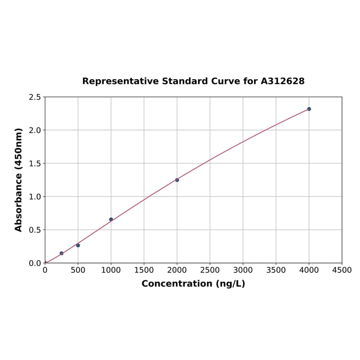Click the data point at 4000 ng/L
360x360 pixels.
[309, 109]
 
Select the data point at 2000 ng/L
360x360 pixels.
[177, 180]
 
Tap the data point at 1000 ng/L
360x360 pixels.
[111, 220]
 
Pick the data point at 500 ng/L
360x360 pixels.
[78, 245]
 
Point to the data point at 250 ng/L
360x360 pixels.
[61, 254]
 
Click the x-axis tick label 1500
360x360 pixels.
[144, 270]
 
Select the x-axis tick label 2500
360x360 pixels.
[210, 270]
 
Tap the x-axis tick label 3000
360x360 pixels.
[243, 270]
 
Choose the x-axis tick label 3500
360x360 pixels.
[276, 270]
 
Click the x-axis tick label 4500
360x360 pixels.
[342, 270]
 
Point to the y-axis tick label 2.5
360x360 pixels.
[35, 97]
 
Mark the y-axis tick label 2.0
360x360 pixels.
[35, 130]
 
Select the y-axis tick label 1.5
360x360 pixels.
[35, 164]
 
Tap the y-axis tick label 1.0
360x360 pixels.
[35, 196]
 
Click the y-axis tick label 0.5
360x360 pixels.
[35, 230]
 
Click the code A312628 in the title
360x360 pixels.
[282, 81]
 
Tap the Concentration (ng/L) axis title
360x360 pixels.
[193, 284]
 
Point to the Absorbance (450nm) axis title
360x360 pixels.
[19, 180]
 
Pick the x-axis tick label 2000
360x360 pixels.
[177, 270]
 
